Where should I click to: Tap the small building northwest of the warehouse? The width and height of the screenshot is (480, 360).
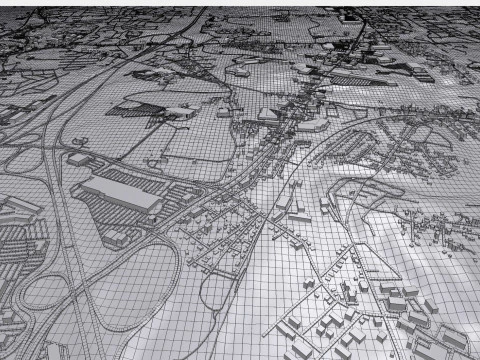click(x=78, y=158)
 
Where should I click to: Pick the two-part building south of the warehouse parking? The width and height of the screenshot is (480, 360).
click(x=120, y=238)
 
